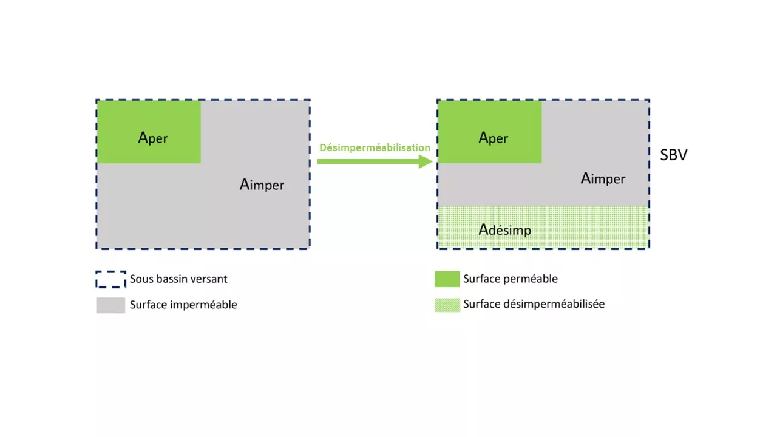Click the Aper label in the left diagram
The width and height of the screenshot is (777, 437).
point(153,138)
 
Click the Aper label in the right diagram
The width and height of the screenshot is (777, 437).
point(494,138)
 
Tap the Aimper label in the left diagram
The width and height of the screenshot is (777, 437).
point(262,185)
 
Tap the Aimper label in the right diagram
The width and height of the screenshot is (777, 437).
point(603,179)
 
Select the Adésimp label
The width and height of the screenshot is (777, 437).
point(504,230)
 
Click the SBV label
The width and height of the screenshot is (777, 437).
point(673,155)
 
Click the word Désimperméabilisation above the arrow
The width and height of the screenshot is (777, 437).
point(375,147)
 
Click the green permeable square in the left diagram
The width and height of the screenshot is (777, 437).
point(149,132)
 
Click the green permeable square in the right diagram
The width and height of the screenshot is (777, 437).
point(490,132)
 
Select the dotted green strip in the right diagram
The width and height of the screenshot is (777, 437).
point(543,227)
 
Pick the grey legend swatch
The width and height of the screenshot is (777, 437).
point(110,305)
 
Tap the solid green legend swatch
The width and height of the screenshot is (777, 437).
point(447,279)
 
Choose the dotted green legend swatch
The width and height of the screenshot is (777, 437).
point(447,305)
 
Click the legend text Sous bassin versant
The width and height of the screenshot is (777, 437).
point(178,279)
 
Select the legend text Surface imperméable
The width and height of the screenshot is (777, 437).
point(183,305)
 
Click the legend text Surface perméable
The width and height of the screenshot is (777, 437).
point(511,279)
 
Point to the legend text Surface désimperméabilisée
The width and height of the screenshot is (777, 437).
point(534,304)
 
